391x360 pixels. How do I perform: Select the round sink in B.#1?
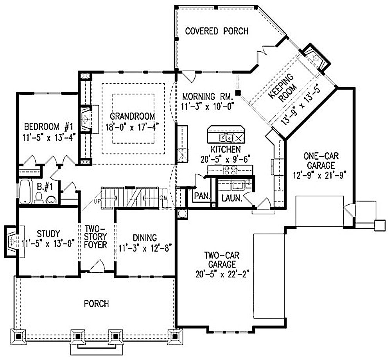tap(51, 200)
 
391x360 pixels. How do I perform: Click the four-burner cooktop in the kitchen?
tap(230, 170)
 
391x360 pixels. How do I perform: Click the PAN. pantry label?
tap(202, 196)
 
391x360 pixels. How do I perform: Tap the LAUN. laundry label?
tap(231, 198)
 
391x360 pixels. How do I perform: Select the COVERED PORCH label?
tap(216, 31)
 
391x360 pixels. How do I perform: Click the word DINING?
tap(144, 238)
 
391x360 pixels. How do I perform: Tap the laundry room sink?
tap(237, 184)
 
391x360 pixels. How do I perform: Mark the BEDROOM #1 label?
tap(49, 127)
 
